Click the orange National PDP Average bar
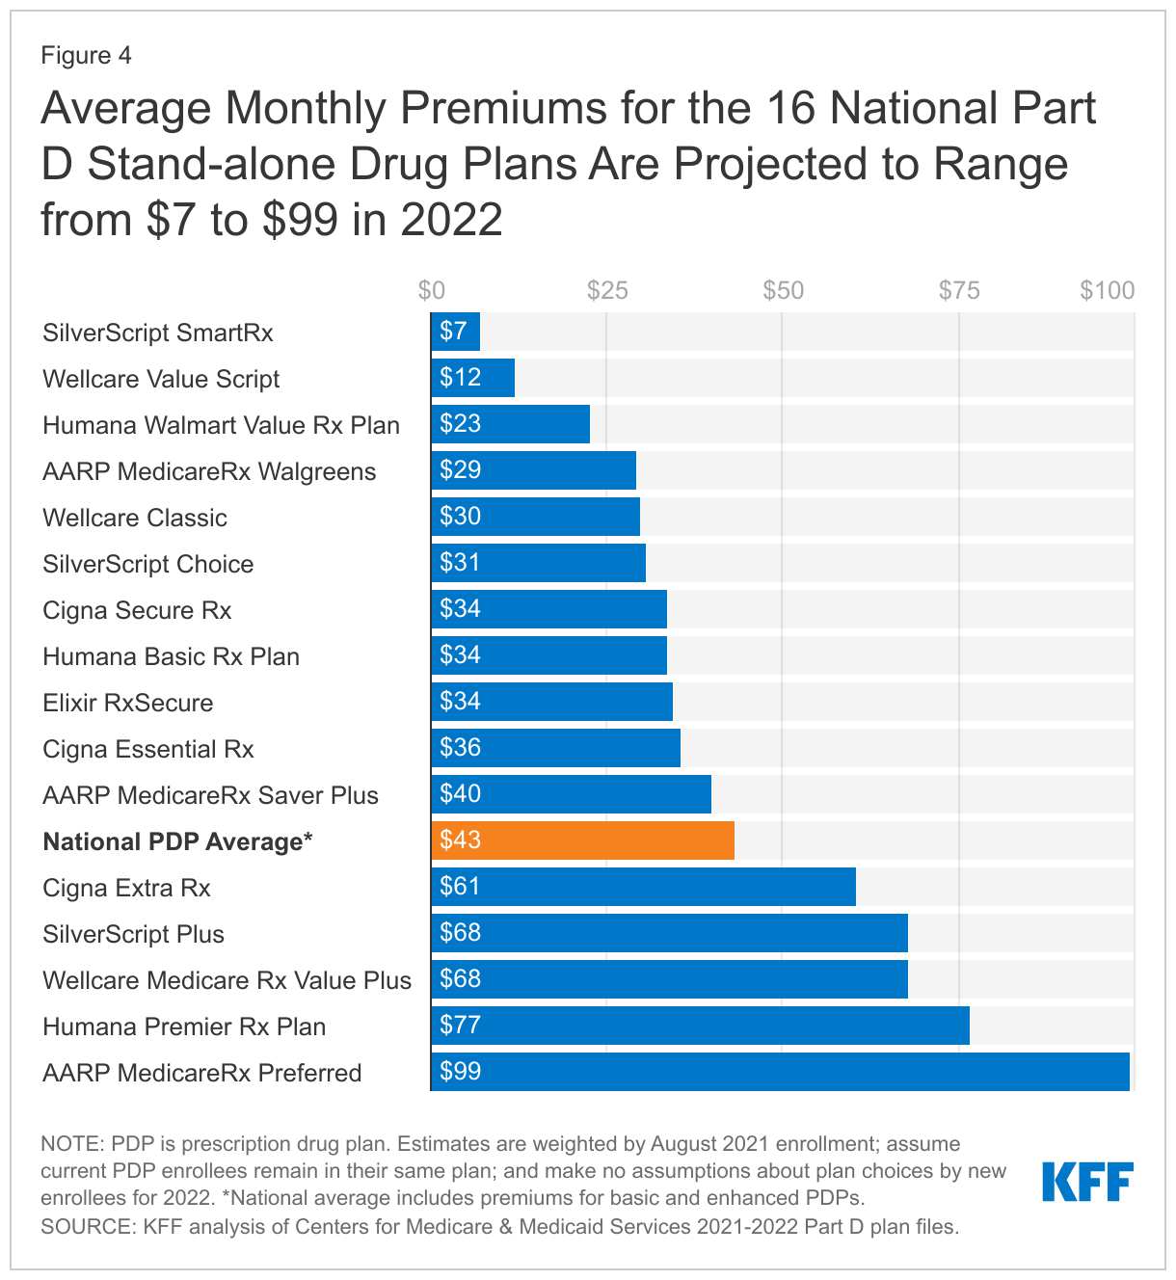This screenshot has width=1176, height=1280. click(x=582, y=840)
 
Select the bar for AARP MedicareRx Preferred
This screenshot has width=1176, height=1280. click(x=780, y=1072)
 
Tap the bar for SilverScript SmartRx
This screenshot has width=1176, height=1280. click(x=455, y=332)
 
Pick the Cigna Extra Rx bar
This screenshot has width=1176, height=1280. click(x=643, y=887)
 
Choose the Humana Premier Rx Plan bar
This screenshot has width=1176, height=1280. click(x=700, y=1026)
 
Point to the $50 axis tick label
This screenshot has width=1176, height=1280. click(x=783, y=290)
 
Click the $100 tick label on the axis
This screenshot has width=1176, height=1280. click(x=1107, y=290)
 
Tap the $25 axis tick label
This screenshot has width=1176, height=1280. click(x=607, y=290)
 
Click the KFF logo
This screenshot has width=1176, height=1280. click(x=1087, y=1182)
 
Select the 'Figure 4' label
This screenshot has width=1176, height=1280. click(x=86, y=55)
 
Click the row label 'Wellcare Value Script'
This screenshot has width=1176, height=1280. click(x=161, y=379)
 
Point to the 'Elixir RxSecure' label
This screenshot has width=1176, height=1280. click(x=128, y=703)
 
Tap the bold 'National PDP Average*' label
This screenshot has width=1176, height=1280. click(x=177, y=841)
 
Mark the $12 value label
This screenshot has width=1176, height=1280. click(x=460, y=378)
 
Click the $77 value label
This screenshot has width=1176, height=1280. click(x=460, y=1026)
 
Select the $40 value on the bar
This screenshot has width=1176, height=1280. click(x=460, y=794)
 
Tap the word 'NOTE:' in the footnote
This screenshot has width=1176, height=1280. click(x=72, y=1144)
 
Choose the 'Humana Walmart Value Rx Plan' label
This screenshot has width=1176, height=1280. click(x=221, y=425)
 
